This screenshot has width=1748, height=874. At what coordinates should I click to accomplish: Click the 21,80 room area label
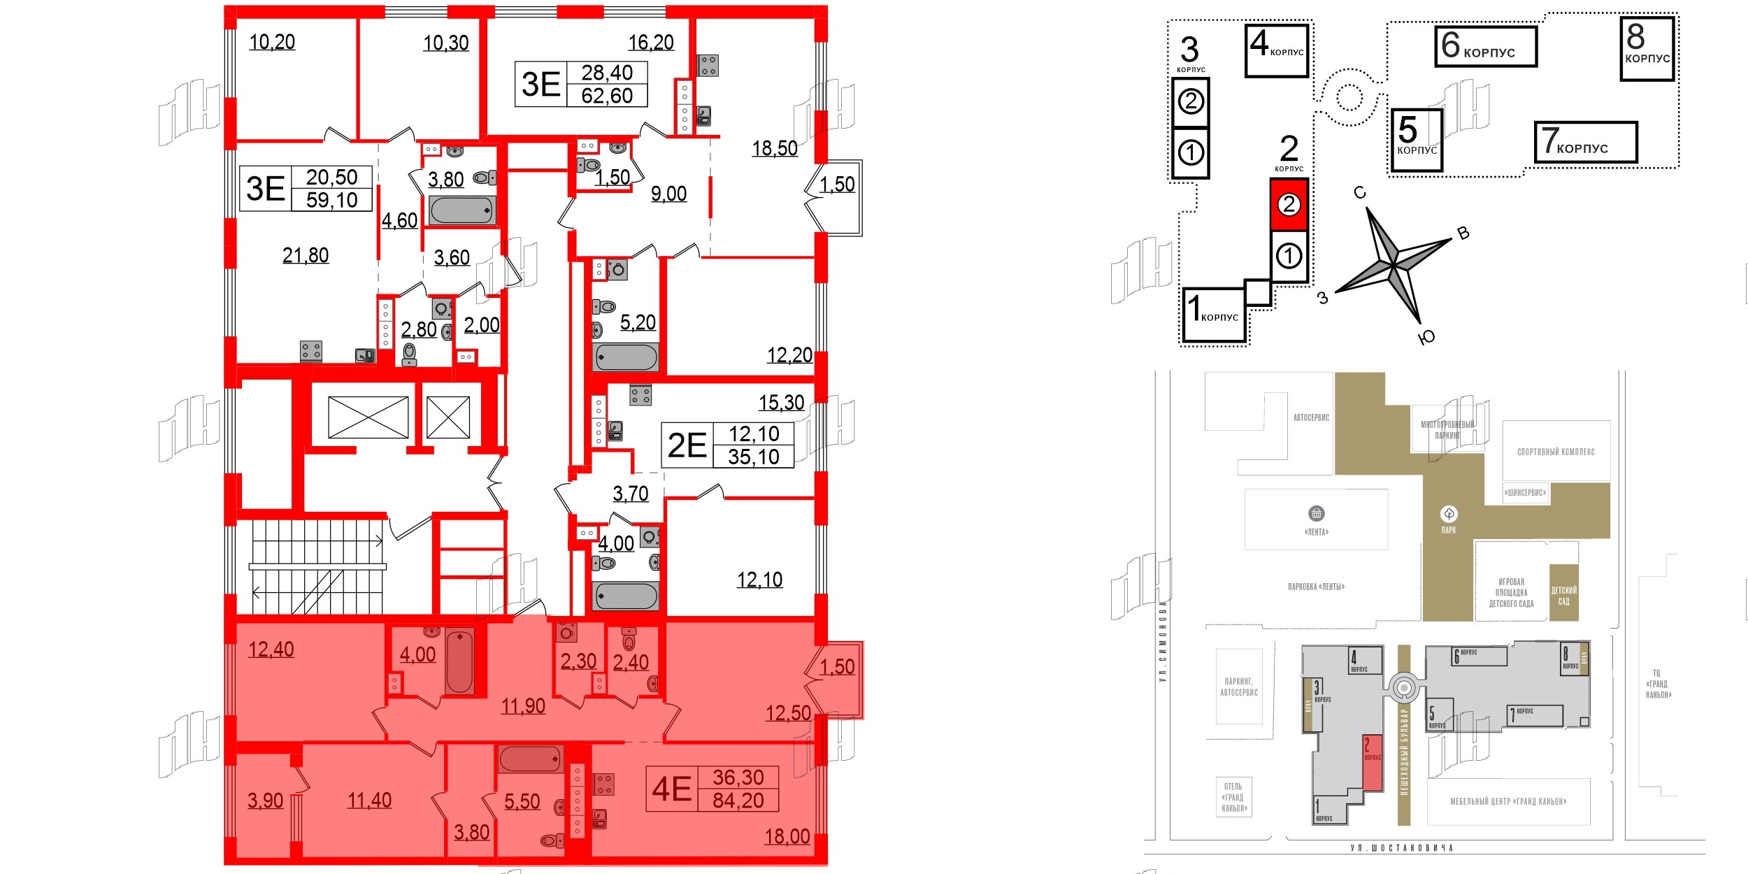(306, 256)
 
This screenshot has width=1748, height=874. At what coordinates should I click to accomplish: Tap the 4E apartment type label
(671, 789)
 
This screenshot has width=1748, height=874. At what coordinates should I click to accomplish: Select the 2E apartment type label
(687, 446)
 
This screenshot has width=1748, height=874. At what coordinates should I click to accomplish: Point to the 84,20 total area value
(738, 801)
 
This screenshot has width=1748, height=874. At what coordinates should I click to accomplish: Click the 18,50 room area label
(775, 149)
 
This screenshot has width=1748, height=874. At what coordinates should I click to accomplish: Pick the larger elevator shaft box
(368, 417)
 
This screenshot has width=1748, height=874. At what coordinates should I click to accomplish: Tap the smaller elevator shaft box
(448, 417)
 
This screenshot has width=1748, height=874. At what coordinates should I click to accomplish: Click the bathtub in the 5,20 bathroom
(626, 357)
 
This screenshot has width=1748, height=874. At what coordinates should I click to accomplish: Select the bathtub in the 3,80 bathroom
(462, 210)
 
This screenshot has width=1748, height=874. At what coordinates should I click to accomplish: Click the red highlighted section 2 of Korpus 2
(1289, 204)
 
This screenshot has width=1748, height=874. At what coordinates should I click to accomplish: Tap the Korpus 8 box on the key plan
(1647, 49)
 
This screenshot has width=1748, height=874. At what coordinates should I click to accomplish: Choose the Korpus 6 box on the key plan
(1485, 47)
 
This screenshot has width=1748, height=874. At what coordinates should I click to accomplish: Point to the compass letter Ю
(1426, 338)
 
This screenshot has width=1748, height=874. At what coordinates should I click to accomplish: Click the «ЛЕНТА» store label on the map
(1316, 532)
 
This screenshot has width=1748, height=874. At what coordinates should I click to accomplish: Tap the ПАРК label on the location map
(1448, 530)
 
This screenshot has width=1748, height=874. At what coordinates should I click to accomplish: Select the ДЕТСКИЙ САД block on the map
(1563, 595)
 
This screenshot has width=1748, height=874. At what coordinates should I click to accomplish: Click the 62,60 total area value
(606, 96)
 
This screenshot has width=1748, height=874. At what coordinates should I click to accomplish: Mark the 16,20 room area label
(650, 43)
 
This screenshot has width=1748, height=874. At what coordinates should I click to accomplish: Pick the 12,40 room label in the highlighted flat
(271, 650)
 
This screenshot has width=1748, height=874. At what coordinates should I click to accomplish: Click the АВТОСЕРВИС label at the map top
(1311, 417)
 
